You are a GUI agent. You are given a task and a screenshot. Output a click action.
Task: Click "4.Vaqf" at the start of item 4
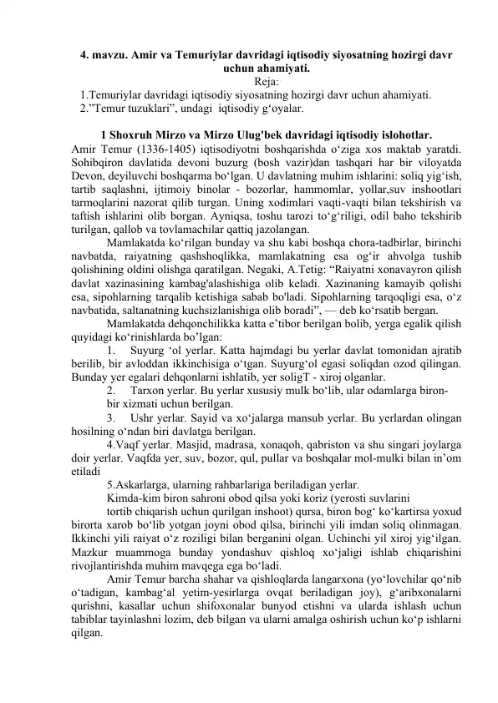[125, 497]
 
